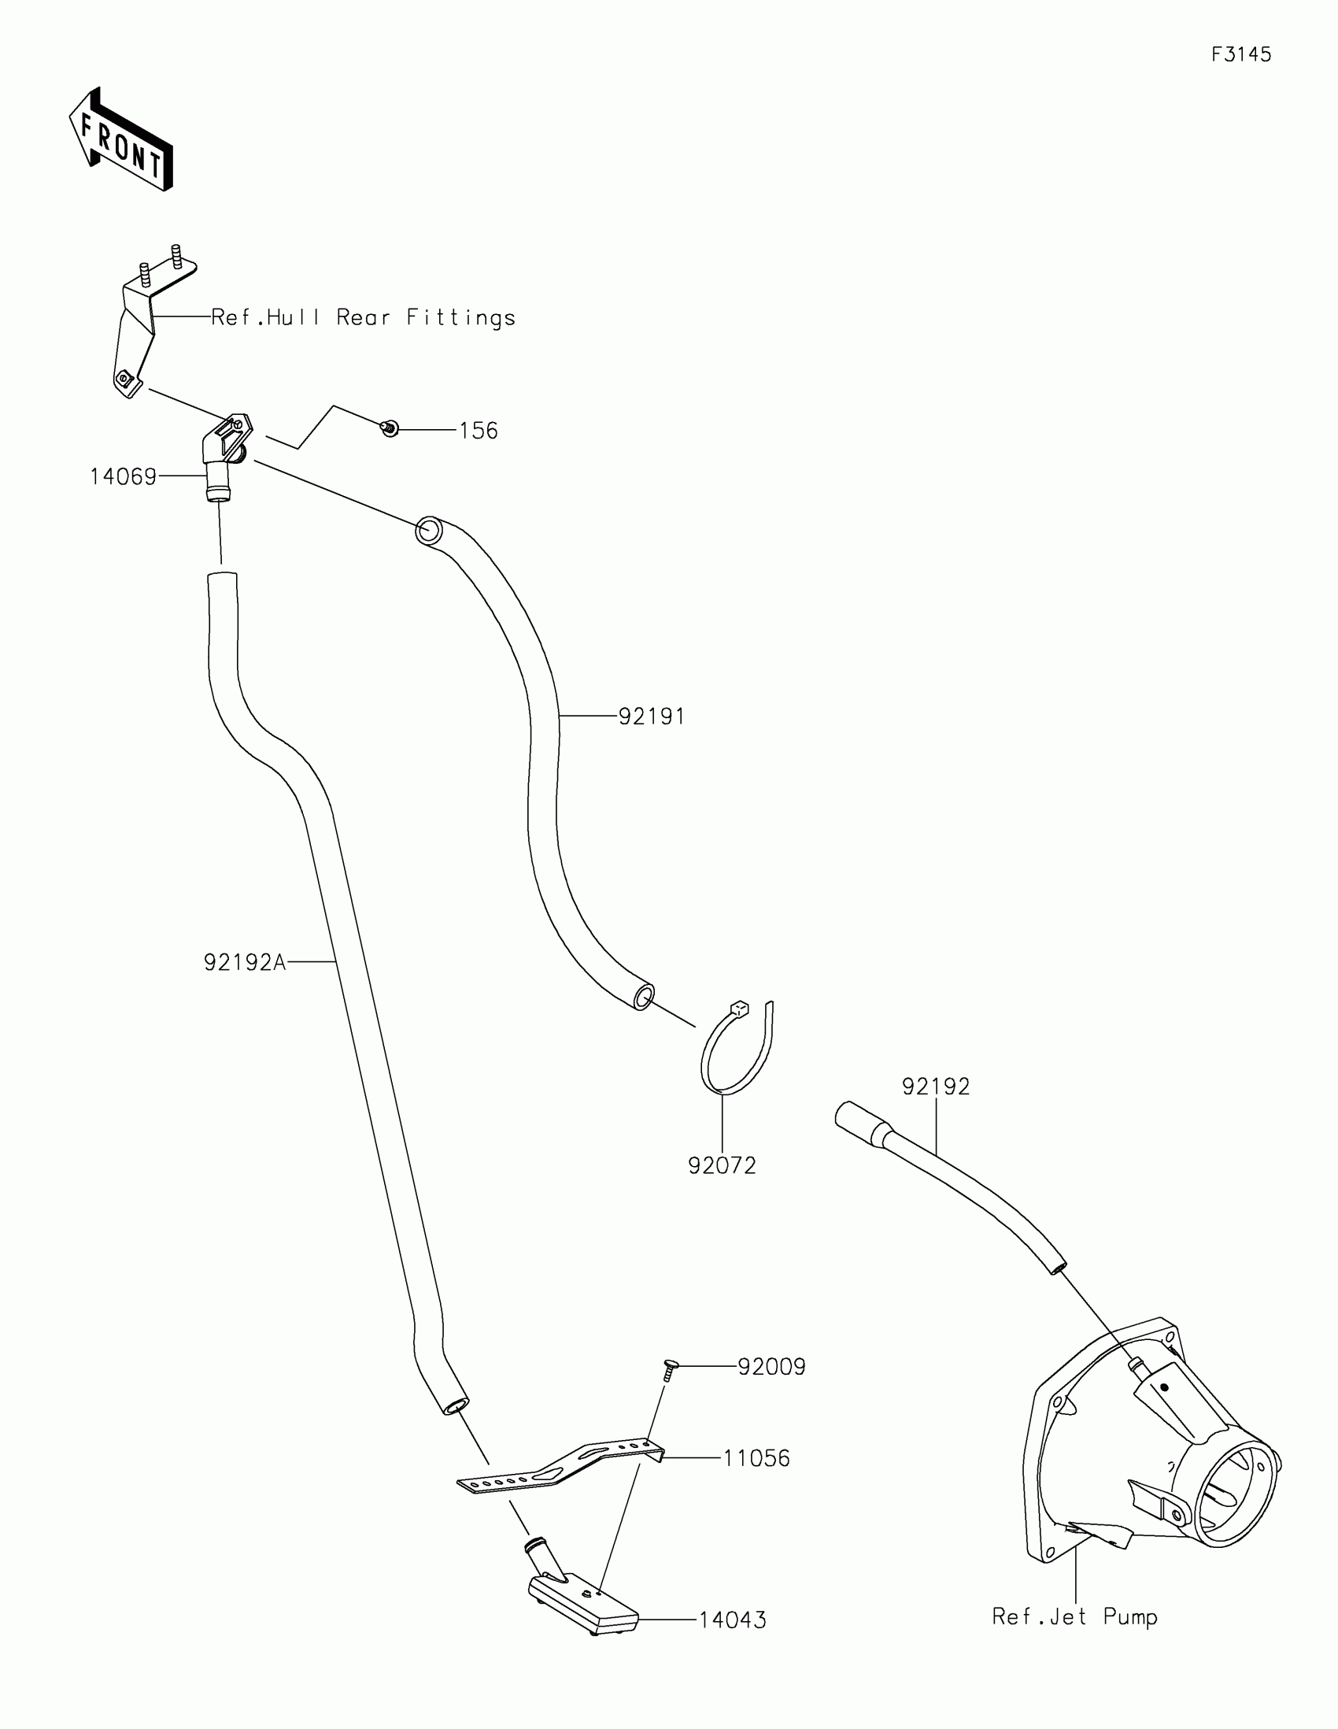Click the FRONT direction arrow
click(121, 140)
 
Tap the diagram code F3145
click(1240, 54)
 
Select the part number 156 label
click(479, 431)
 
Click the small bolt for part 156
click(390, 429)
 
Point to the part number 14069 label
click(123, 476)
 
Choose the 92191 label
click(651, 716)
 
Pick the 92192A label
click(245, 962)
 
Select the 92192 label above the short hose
click(936, 1087)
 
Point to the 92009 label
click(771, 1366)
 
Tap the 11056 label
click(756, 1458)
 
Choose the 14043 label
click(733, 1620)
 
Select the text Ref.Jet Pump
click(1074, 1616)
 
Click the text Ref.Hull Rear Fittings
click(363, 317)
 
